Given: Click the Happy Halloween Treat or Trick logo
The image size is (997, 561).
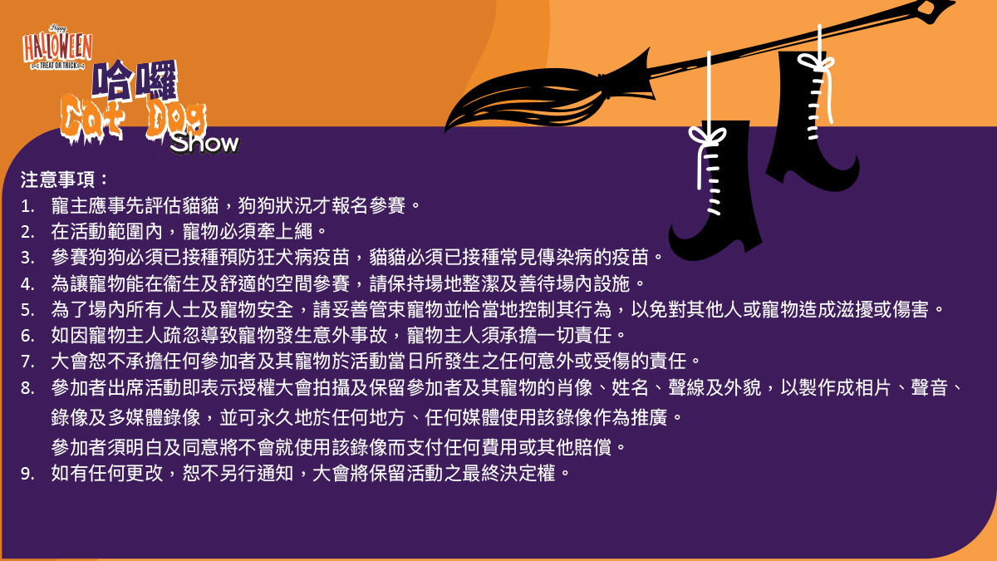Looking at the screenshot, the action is click(x=57, y=47).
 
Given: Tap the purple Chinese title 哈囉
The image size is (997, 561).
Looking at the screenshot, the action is click(x=135, y=79).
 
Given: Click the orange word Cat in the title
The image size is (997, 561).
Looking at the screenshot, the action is click(x=92, y=120).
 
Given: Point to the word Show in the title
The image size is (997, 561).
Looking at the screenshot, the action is click(x=204, y=143).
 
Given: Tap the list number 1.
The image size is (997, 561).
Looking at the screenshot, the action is click(x=27, y=206).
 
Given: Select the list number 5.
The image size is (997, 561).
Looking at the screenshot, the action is click(x=27, y=310).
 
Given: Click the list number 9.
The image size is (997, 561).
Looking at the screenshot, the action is click(x=27, y=474).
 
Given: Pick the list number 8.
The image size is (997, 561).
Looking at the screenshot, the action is click(x=27, y=388).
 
